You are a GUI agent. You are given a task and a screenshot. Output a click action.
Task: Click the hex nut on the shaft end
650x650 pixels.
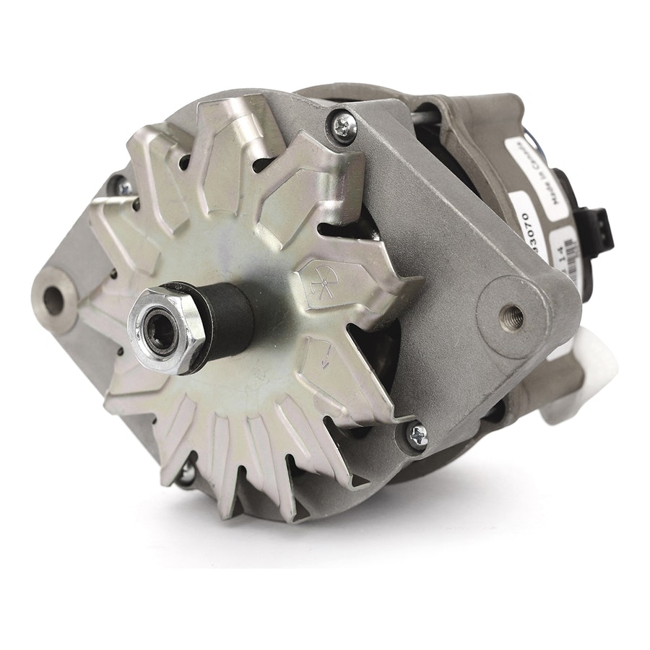click(162, 330)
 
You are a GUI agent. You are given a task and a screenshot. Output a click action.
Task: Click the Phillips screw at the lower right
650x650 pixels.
click(417, 434)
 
